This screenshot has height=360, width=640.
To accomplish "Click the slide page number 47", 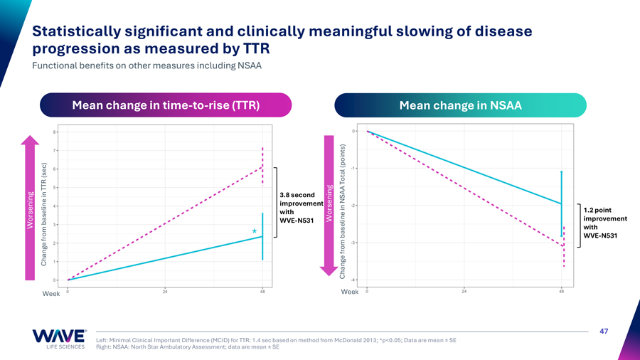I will point(604,331).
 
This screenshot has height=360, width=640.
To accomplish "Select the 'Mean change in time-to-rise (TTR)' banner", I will point(165,105).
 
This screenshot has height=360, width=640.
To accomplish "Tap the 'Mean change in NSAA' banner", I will point(460,105).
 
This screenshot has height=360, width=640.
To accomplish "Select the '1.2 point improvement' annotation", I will point(604,223).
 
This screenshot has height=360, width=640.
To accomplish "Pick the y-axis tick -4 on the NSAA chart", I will point(354,280).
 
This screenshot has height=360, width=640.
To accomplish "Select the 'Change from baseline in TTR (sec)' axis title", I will point(44,213).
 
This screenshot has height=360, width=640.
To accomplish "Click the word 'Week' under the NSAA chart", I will point(350,292).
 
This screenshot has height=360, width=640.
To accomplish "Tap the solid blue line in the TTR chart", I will point(165,258).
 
